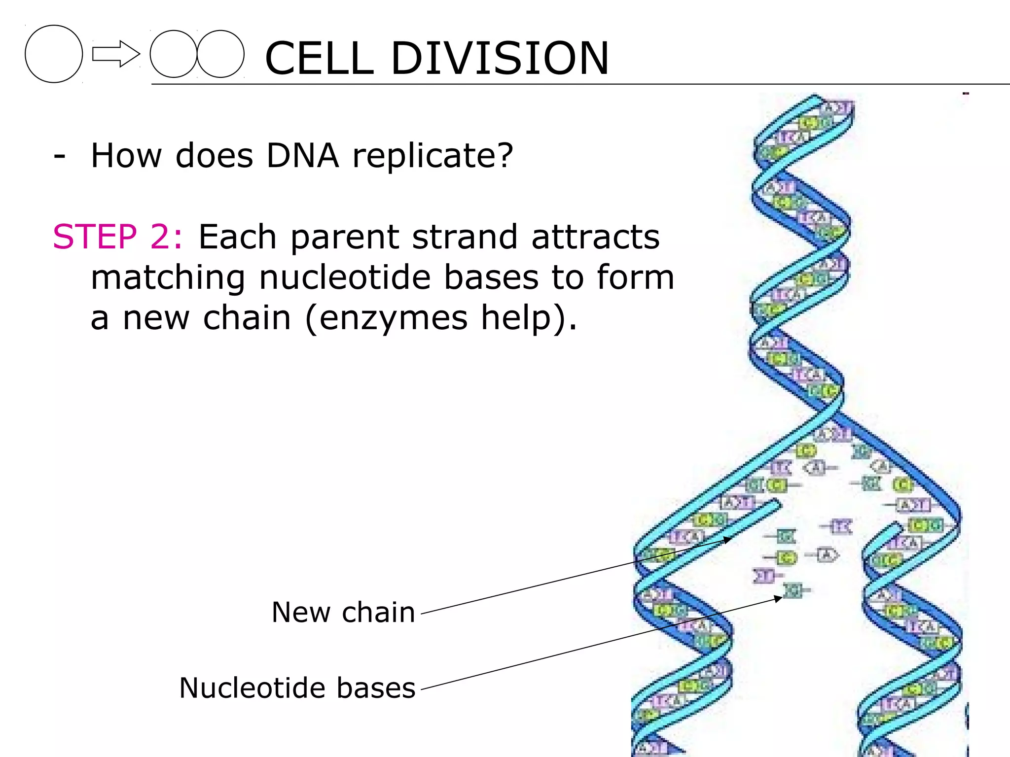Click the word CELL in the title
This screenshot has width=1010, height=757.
pos(320,58)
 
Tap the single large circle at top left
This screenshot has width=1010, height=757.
pos(54,54)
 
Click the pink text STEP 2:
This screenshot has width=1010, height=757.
pos(117,237)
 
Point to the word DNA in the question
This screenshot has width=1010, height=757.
pos(302,156)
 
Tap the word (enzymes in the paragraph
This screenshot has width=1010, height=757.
pos(386,318)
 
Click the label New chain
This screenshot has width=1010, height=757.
pos(343,613)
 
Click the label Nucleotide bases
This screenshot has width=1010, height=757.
pos(297,688)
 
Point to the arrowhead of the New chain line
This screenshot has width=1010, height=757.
pos(729,540)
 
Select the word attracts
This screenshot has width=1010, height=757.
pos(595,237)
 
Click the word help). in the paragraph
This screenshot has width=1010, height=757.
pos(529,318)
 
